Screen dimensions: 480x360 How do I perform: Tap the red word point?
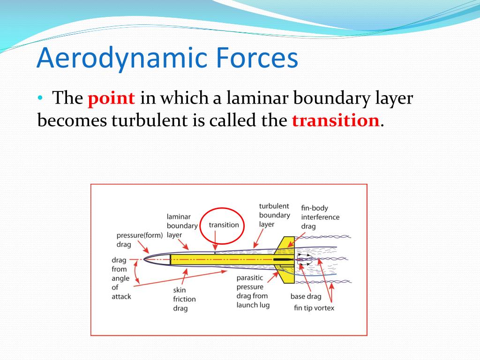click(111, 99)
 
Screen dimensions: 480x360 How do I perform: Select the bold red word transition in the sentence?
click(336, 120)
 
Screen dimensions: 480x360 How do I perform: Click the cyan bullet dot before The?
click(40, 98)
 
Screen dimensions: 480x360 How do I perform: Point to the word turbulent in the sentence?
click(150, 120)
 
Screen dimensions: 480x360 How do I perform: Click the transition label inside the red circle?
click(224, 225)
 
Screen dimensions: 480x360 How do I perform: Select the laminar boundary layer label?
click(182, 226)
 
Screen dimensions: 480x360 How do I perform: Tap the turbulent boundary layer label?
click(274, 215)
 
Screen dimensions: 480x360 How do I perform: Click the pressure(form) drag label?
click(140, 240)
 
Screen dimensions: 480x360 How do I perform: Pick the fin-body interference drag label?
click(320, 217)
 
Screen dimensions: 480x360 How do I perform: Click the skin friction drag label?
click(184, 299)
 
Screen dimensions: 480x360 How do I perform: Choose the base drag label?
click(306, 296)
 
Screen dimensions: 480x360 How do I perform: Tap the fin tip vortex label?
click(314, 308)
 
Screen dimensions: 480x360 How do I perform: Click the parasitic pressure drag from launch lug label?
click(253, 292)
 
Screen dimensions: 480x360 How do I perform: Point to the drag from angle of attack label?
click(121, 278)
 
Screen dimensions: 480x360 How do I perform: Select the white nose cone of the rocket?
click(157, 260)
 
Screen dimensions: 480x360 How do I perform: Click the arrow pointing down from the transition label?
click(215, 240)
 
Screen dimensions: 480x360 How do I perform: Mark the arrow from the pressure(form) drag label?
click(143, 247)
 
